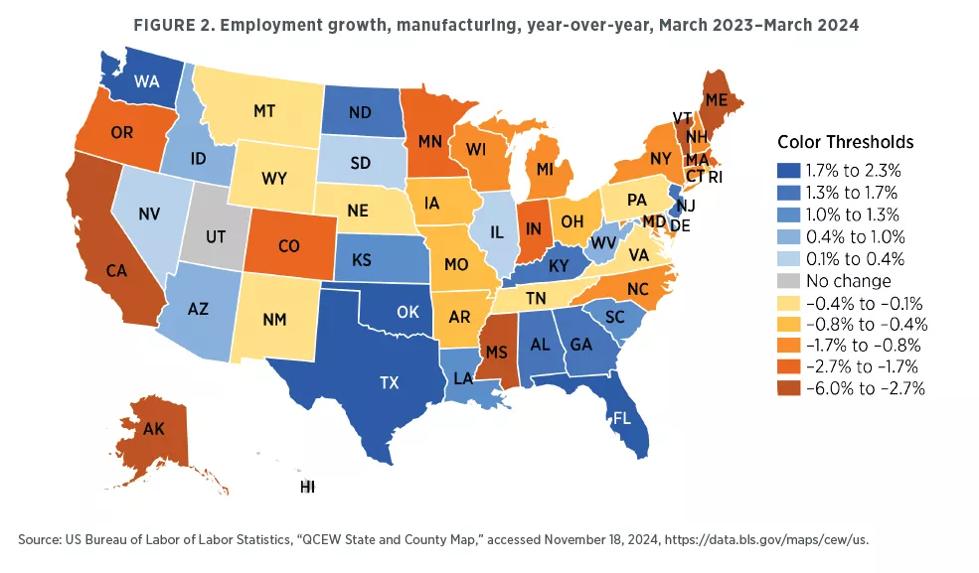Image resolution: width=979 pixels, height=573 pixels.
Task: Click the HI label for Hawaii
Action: pos(307,488)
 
